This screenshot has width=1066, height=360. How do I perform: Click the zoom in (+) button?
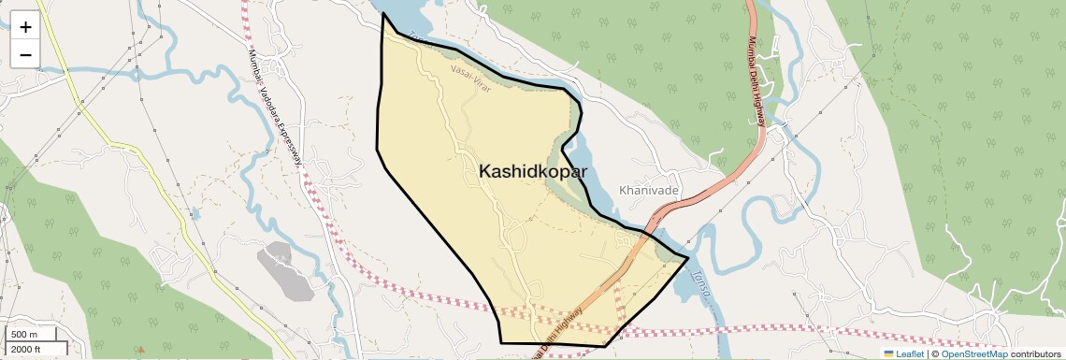[x=25, y=27]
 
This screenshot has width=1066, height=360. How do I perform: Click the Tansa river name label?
[x=702, y=283]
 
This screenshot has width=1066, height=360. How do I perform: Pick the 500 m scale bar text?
[x=25, y=335]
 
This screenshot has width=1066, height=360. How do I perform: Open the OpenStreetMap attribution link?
[x=973, y=353]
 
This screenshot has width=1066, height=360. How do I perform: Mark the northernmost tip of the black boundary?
[x=383, y=14]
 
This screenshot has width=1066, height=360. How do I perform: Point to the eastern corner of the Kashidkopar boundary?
[x=688, y=256]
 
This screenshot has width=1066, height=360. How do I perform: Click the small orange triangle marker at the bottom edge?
[x=141, y=351]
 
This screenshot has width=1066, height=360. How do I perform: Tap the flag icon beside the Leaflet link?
[x=889, y=353]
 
